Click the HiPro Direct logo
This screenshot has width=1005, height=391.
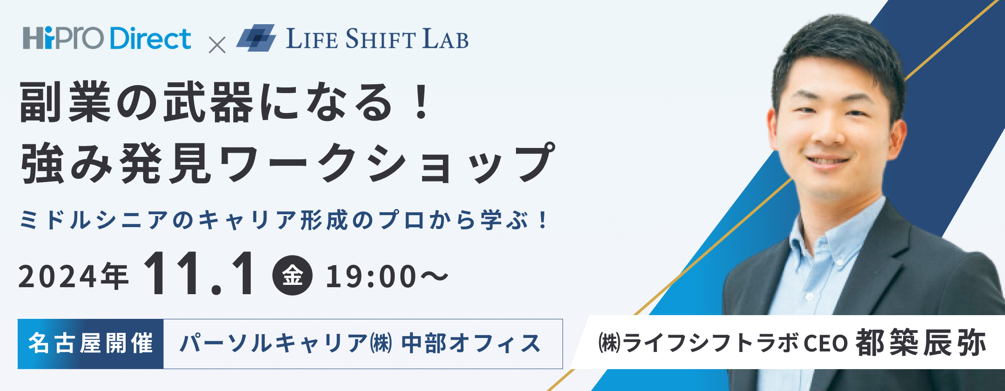(x=107, y=38)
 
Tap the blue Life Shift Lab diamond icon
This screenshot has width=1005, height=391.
(x=256, y=38)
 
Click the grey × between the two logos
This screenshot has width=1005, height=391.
(x=217, y=45)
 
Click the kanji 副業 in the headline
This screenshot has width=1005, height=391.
(x=65, y=102)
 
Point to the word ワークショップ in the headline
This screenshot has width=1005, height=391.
(x=386, y=164)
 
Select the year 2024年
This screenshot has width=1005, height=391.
(x=74, y=276)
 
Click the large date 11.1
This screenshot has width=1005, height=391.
(x=200, y=275)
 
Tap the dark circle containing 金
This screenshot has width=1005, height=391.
(x=292, y=276)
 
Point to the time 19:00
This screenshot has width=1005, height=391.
(x=371, y=276)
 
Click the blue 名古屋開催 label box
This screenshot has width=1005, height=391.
(x=91, y=344)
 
